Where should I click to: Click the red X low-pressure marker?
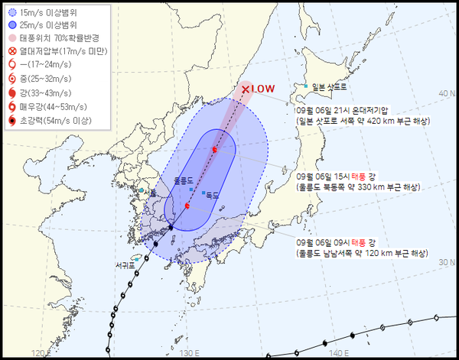pyautogui.click(x=245, y=90)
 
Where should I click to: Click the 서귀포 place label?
pyautogui.click(x=125, y=265)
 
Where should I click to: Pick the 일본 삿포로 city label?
pyautogui.click(x=330, y=87)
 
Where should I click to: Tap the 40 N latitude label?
pyautogui.click(x=444, y=92)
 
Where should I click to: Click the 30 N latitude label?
pyautogui.click(x=444, y=262)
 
